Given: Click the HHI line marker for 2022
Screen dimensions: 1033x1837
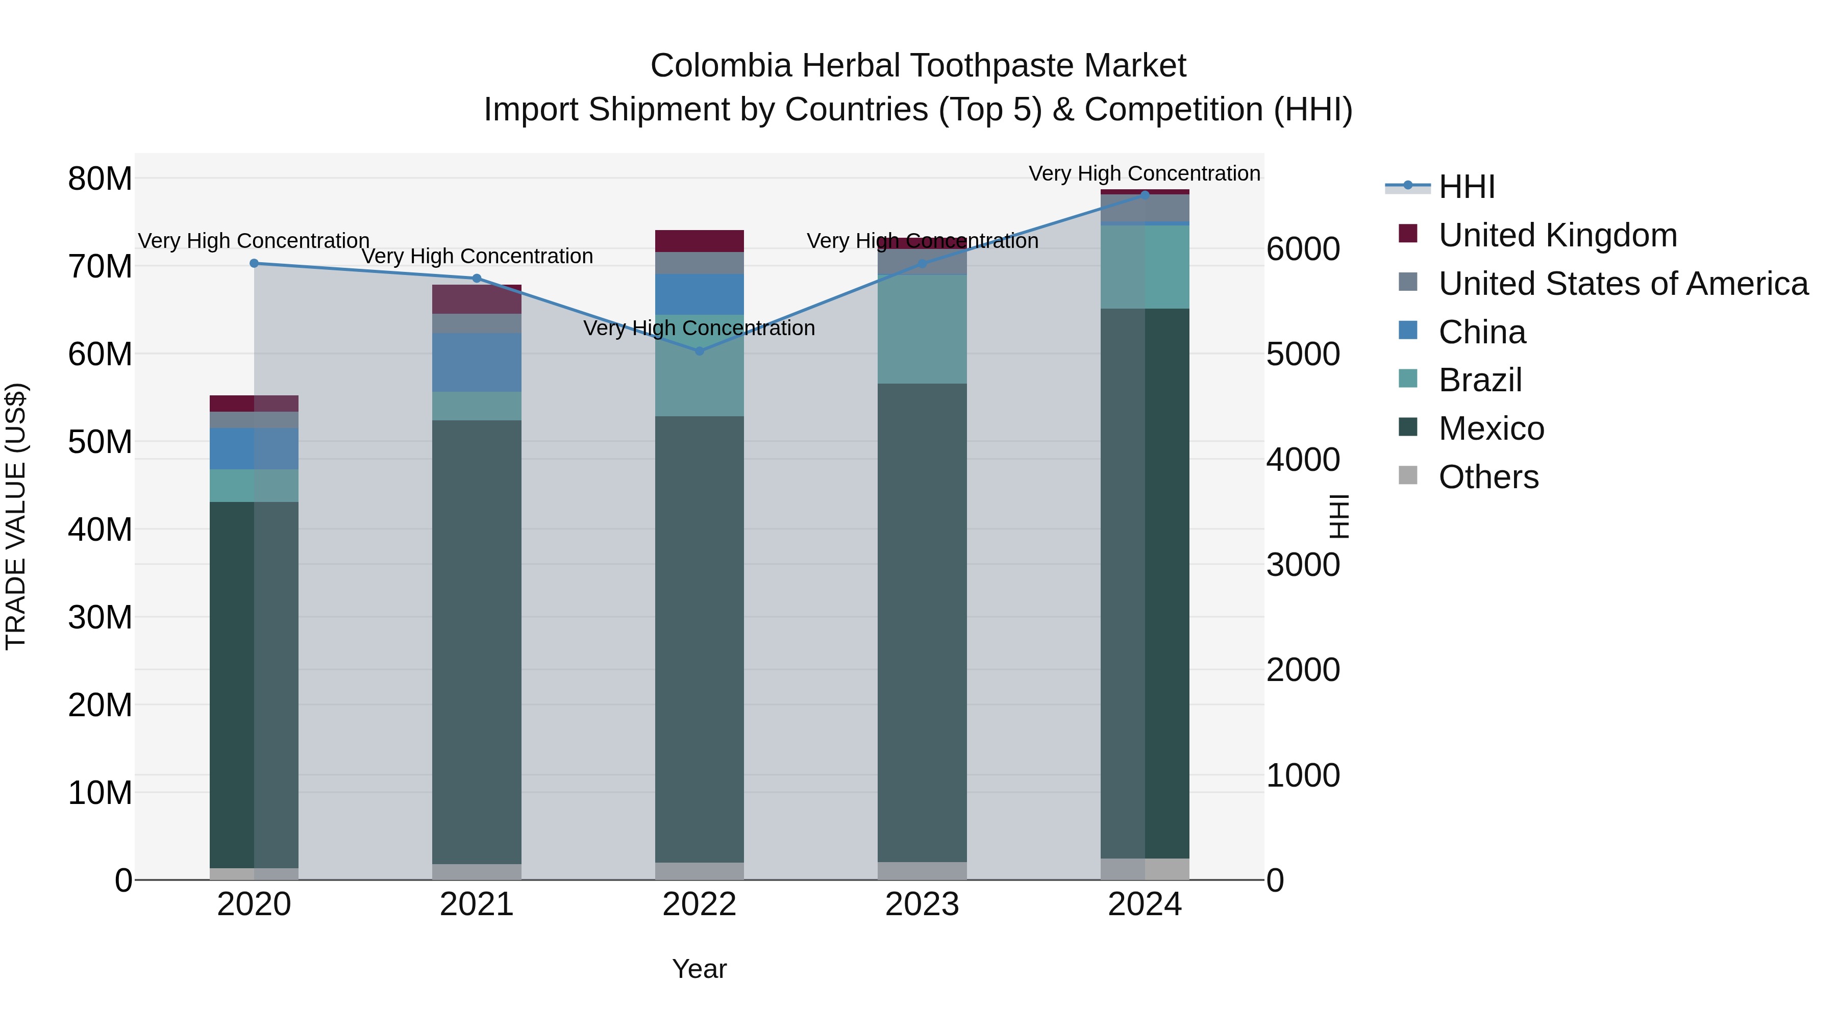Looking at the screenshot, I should (699, 351).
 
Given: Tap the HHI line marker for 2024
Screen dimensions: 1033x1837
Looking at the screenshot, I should (1145, 195).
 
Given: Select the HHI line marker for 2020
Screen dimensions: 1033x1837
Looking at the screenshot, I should (254, 263).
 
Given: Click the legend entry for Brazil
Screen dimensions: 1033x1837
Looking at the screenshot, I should (1480, 380).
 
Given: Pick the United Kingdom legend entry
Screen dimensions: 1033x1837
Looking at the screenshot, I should (1557, 235).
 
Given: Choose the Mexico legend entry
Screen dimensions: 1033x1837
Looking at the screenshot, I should (1491, 429).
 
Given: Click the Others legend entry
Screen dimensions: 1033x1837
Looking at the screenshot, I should (1488, 477).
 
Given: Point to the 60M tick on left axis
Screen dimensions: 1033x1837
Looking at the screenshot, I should (100, 355).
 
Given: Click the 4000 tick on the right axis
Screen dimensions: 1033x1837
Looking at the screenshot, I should (1303, 460).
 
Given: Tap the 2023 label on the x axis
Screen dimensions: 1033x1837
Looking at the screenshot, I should (922, 904).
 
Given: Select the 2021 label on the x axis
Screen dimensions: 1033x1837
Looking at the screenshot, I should (477, 904).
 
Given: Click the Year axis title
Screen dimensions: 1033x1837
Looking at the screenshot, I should (699, 969).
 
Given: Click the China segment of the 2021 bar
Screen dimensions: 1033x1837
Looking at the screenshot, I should (477, 362).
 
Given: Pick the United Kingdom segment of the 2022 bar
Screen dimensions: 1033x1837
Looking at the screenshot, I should (699, 241).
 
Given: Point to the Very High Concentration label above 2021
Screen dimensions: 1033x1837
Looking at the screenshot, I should (477, 256).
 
